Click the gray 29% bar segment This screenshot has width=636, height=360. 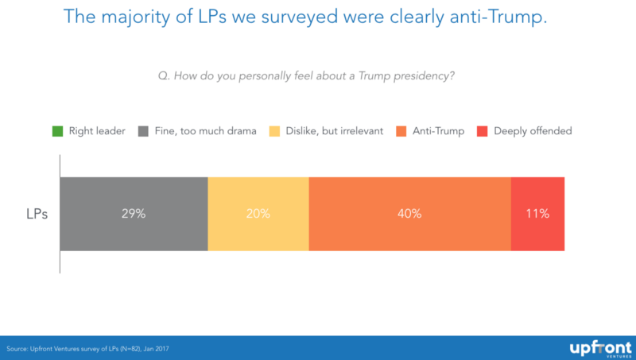(134, 214)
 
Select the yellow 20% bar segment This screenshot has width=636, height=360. (258, 214)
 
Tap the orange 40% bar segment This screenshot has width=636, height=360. (409, 214)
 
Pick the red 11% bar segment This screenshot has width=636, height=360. (537, 214)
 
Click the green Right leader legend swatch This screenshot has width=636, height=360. (56, 130)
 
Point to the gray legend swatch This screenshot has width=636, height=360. (144, 130)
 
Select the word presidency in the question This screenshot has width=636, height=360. (427, 76)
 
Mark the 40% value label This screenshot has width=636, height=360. (409, 214)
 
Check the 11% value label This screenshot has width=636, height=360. (537, 214)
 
